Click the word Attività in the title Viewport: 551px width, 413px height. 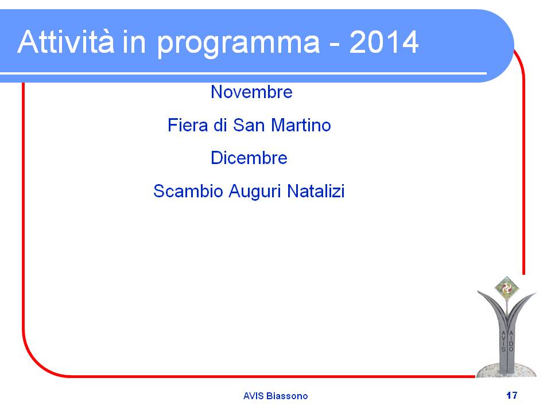(65, 42)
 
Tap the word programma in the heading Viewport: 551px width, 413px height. (238, 45)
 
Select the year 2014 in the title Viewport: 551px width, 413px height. (384, 42)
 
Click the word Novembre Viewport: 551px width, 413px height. (251, 92)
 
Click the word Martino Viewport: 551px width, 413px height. (301, 125)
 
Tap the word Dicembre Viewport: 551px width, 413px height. (249, 158)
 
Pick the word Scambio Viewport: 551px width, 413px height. (188, 192)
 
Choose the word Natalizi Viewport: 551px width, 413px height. (316, 192)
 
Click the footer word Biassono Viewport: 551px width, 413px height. (287, 396)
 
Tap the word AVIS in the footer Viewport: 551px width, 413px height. (253, 396)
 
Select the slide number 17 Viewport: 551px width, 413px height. (511, 395)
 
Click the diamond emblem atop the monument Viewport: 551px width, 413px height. (506, 289)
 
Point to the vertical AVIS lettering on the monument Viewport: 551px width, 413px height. (503, 341)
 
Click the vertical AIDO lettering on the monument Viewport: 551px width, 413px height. (511, 341)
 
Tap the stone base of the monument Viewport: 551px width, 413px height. (506, 370)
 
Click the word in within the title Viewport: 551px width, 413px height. (134, 42)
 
